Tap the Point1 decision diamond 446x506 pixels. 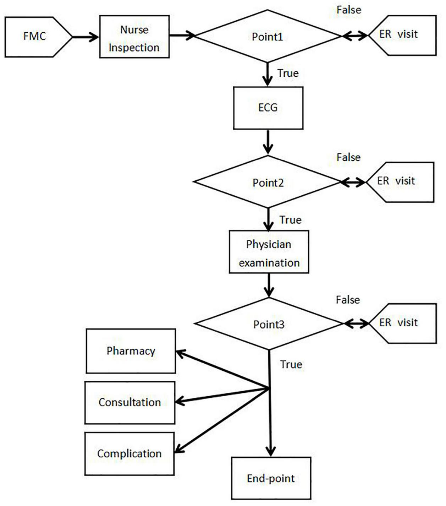pos(268,37)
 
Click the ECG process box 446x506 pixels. pos(268,108)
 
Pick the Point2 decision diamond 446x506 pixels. pos(268,182)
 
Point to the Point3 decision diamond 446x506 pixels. pos(269,324)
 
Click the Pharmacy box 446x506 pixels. pos(131,351)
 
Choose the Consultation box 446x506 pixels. pos(130,402)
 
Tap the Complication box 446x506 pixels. pos(129,453)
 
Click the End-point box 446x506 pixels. pos(271,478)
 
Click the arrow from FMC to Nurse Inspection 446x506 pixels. pos(86,37)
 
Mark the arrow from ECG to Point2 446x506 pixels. pos(268,142)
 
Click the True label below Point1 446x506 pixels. pos(288,73)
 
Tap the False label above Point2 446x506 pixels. pos(348,157)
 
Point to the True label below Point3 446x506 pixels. pos(291,364)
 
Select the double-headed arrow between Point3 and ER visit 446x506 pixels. pos(356,323)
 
